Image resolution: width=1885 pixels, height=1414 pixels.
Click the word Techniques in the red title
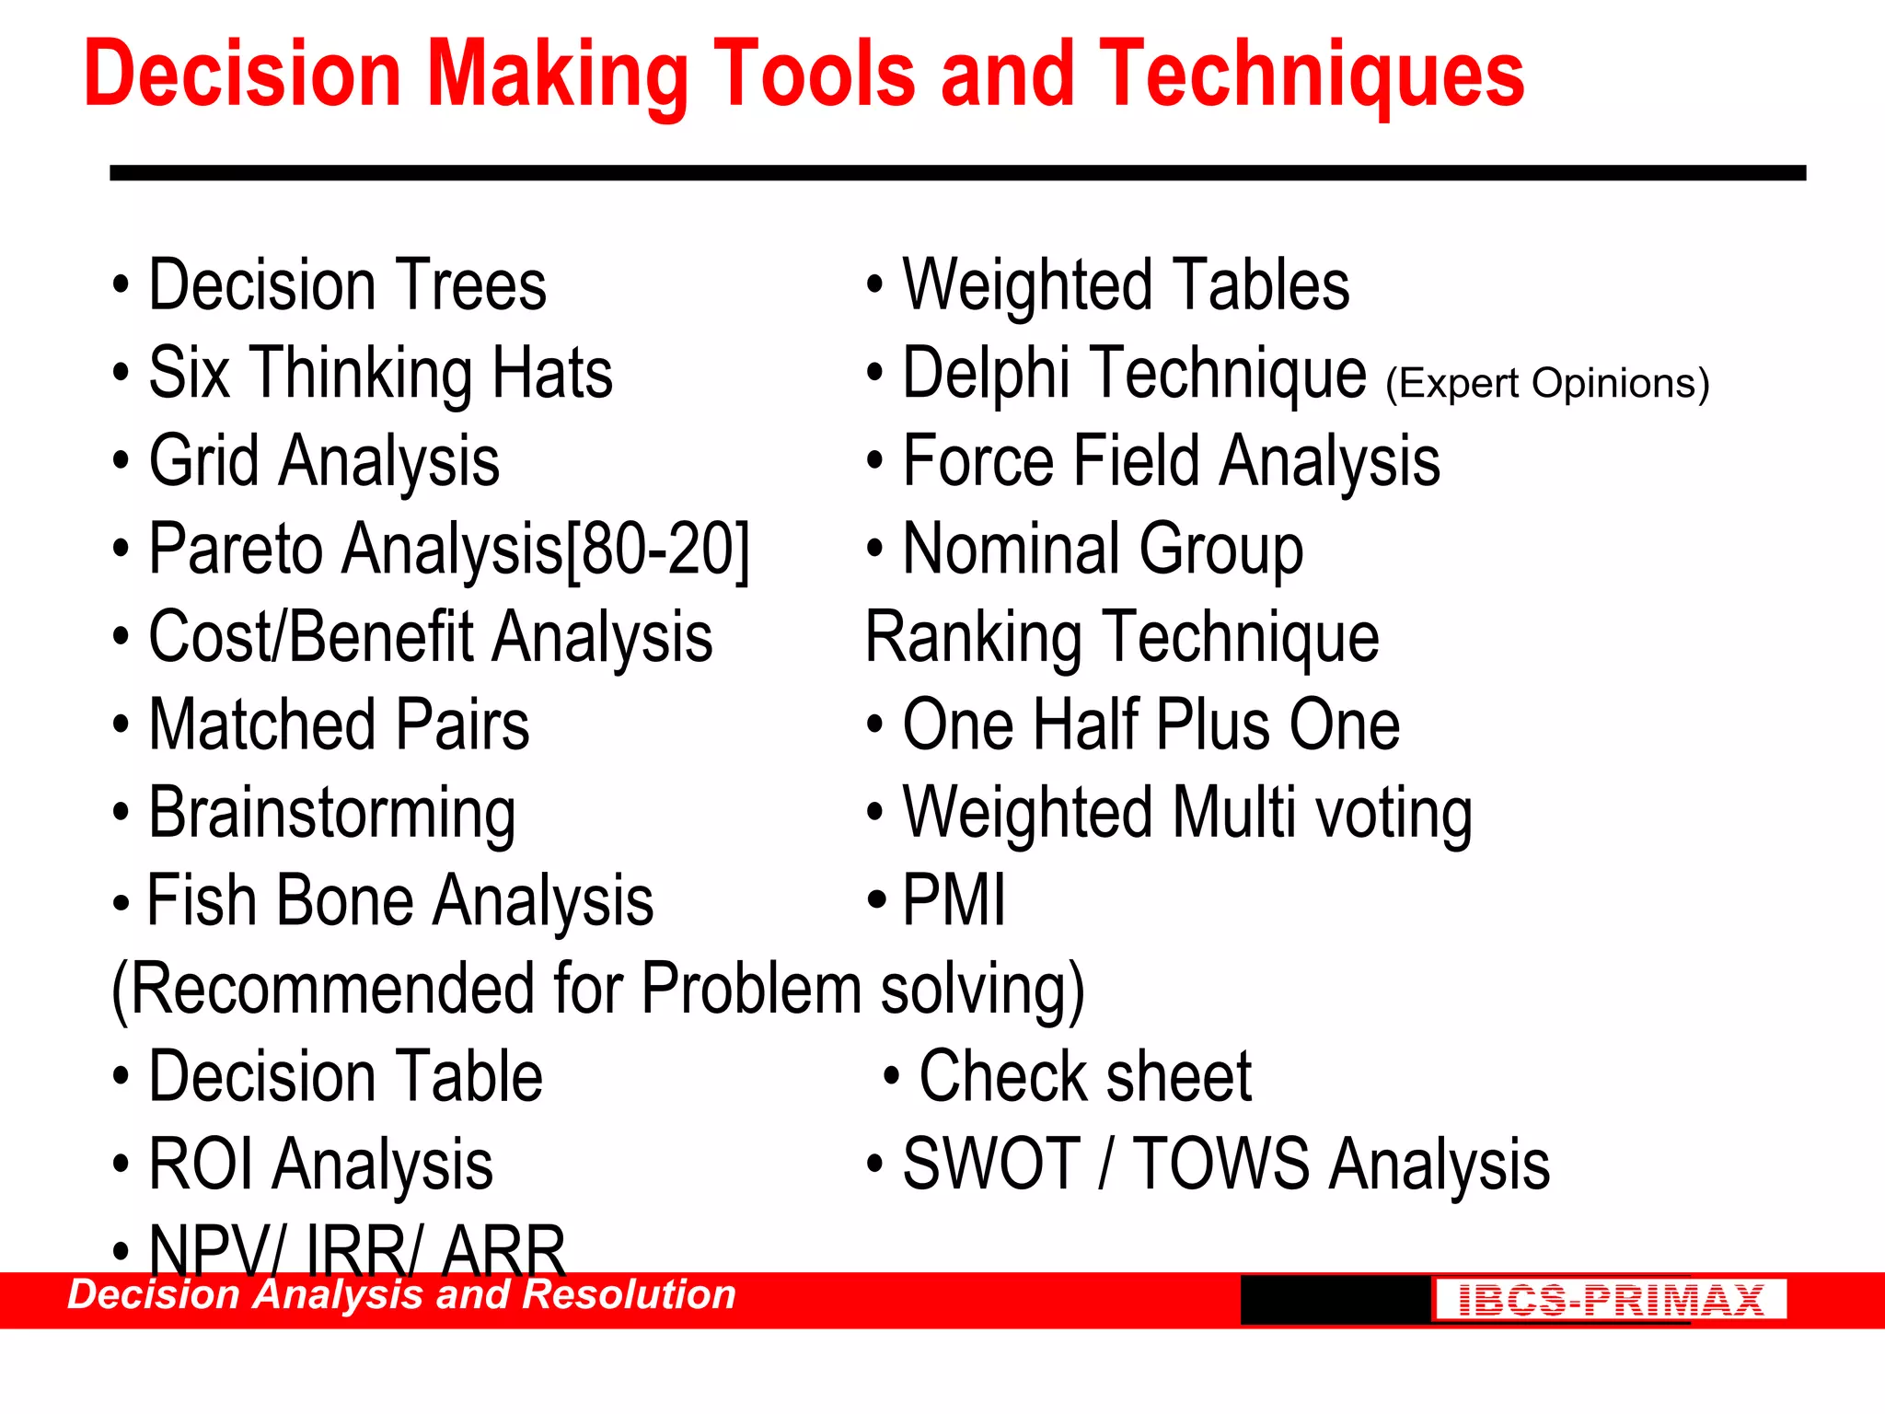point(1311,75)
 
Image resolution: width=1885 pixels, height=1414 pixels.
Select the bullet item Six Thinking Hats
point(380,373)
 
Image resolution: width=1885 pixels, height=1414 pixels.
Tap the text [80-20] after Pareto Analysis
point(658,550)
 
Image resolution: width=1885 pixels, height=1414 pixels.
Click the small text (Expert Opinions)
point(1547,383)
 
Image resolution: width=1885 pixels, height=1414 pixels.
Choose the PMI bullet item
point(954,900)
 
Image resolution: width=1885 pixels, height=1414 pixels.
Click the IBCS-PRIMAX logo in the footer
point(1610,1300)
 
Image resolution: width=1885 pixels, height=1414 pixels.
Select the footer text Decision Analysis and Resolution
point(401,1294)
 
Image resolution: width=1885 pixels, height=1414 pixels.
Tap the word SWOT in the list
point(990,1165)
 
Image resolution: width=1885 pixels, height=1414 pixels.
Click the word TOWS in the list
point(1220,1165)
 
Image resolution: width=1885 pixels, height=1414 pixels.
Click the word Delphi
point(985,373)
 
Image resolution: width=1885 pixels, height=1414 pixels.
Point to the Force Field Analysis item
point(1171,461)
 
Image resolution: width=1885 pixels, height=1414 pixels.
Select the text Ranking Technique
point(1122,637)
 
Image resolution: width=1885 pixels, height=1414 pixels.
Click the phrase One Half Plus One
point(1151,725)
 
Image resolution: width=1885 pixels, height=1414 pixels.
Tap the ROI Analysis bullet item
point(320,1165)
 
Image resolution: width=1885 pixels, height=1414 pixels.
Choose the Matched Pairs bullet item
point(339,725)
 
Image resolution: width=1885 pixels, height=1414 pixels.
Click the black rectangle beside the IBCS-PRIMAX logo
point(1335,1300)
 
